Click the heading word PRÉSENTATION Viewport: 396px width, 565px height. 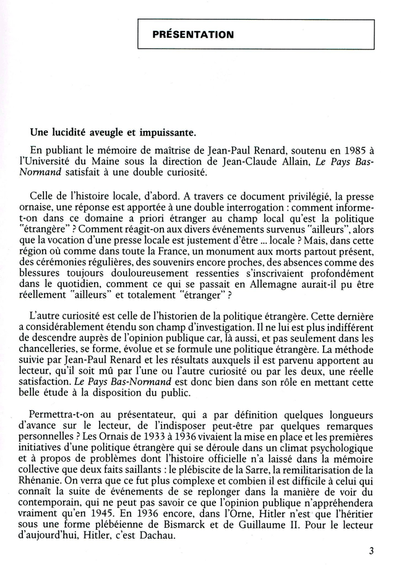[193, 35]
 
